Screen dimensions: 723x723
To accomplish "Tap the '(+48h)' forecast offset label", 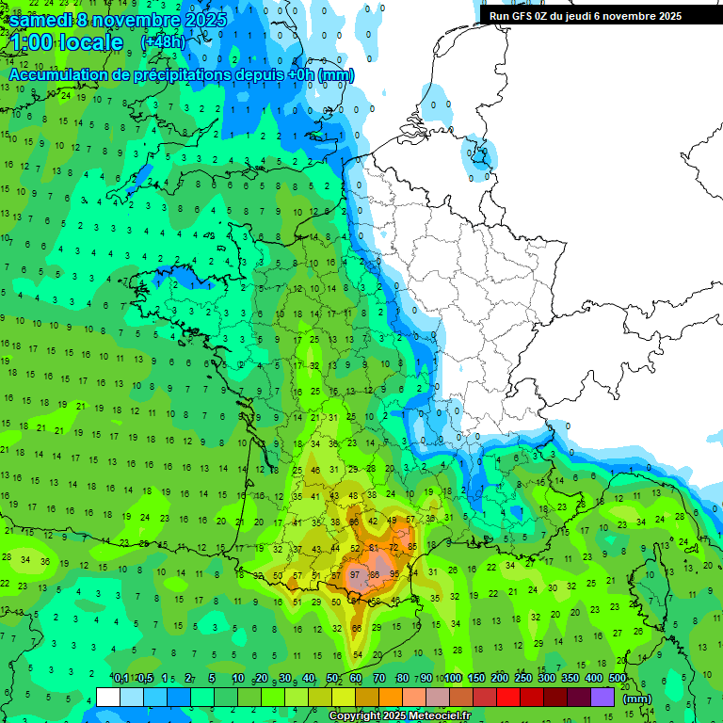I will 163,42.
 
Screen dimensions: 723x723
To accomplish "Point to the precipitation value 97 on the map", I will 355,574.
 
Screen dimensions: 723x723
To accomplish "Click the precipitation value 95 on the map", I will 394,574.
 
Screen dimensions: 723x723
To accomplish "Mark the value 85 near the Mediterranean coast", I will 411,547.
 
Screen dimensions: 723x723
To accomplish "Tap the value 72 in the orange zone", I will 394,547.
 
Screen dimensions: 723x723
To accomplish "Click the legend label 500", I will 618,678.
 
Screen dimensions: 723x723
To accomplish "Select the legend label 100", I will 453,678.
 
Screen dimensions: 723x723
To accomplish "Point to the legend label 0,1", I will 121,678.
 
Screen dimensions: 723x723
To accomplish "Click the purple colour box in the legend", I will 602,697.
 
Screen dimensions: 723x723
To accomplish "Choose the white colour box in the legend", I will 108,697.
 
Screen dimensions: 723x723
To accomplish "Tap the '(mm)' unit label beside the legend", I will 637,699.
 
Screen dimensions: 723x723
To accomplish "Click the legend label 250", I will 523,678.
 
